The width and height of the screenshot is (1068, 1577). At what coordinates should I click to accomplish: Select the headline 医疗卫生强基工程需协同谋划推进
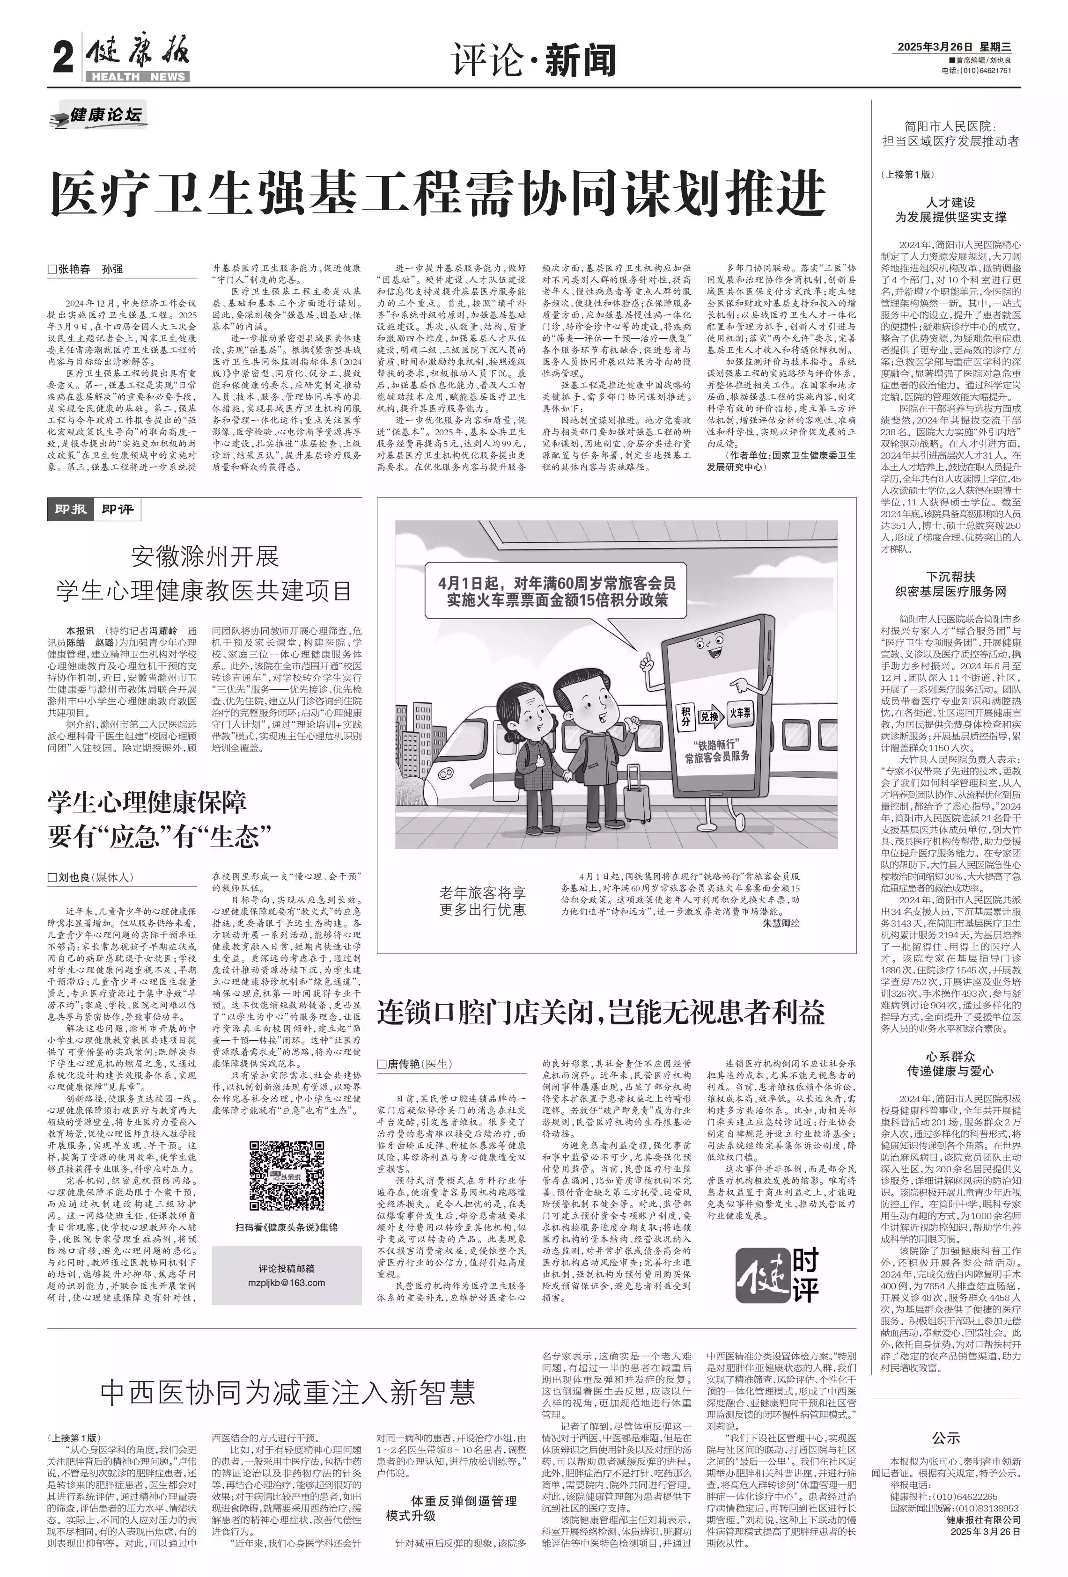tap(438, 193)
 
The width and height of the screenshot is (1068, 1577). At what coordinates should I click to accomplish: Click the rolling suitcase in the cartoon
tap(637, 798)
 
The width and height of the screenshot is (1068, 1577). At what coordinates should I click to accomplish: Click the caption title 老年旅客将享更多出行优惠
tap(482, 900)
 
